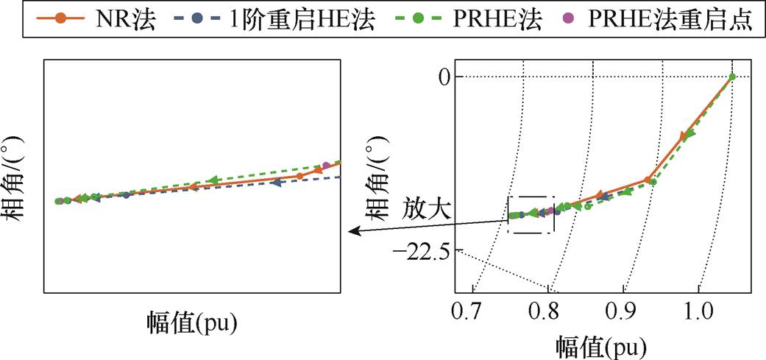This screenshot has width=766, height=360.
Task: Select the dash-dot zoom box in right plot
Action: click(x=531, y=215)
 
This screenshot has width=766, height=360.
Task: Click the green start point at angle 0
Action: click(x=731, y=77)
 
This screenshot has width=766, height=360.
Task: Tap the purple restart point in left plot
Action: click(x=326, y=165)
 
